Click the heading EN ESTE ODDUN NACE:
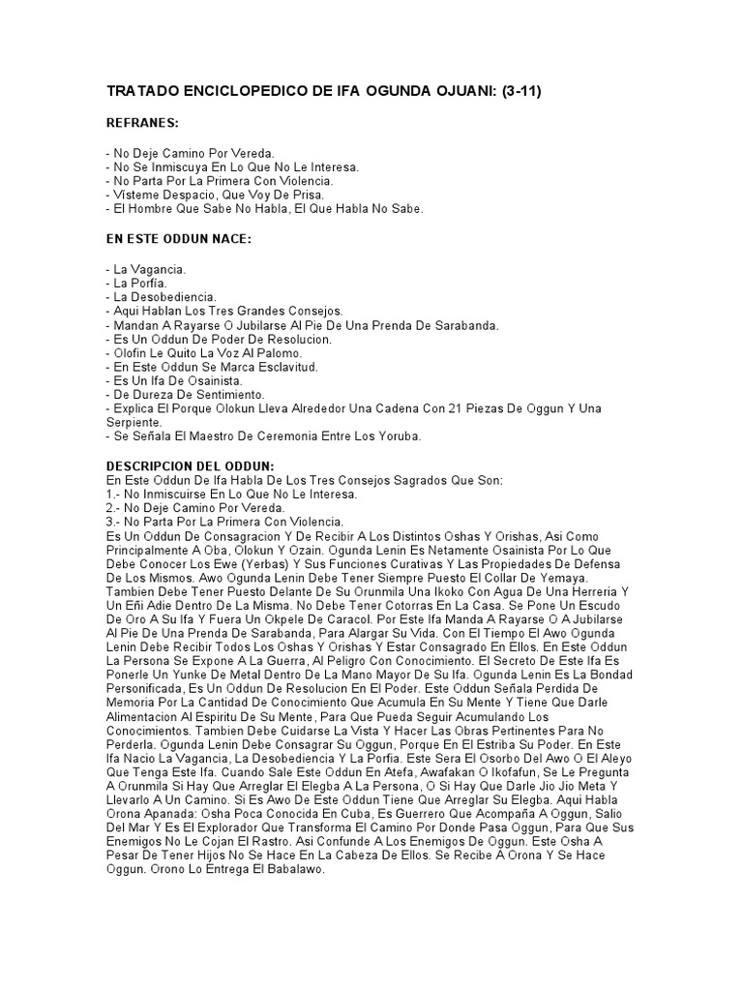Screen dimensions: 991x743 178,238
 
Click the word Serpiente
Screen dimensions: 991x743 134,422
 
